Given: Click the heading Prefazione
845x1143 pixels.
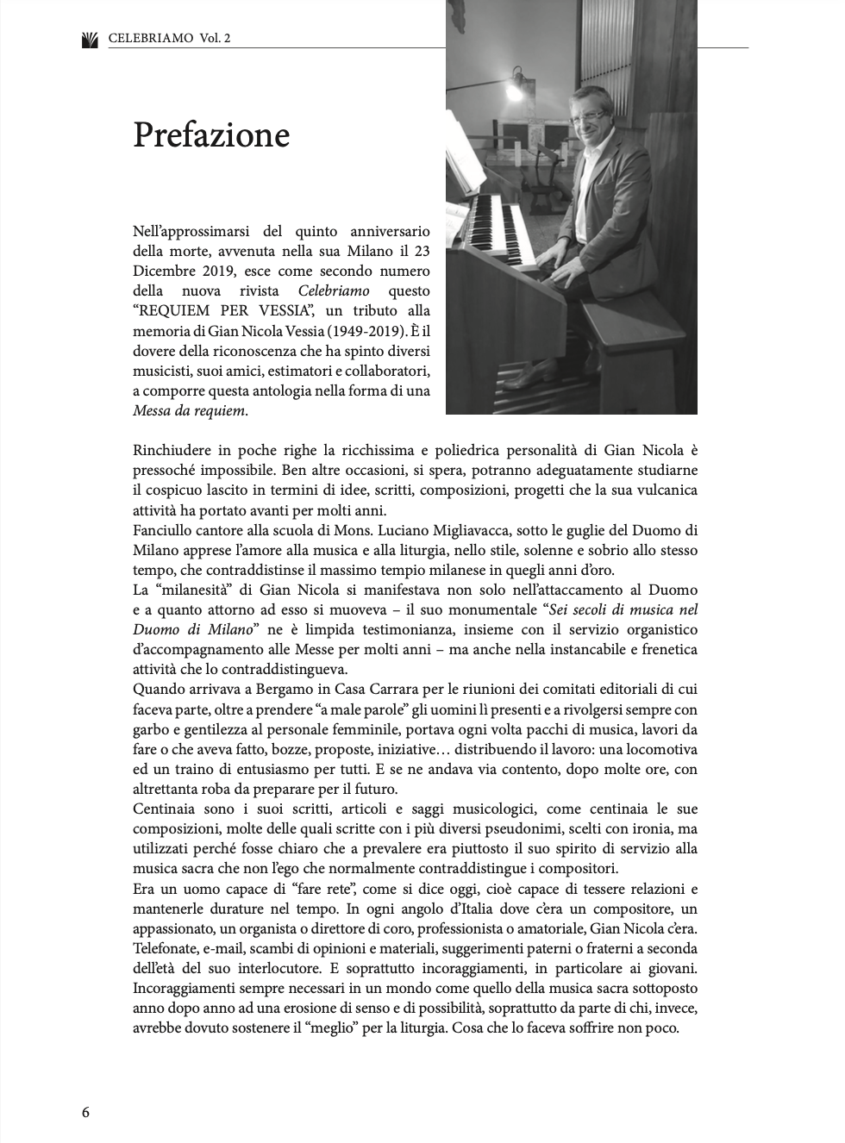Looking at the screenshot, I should (211, 135).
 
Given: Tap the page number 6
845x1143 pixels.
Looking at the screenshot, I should (85, 1112).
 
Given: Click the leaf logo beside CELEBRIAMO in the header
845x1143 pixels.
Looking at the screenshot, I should (90, 39).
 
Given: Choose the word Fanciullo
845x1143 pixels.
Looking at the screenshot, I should (165, 530).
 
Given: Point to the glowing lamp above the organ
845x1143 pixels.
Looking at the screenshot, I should (515, 87).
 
